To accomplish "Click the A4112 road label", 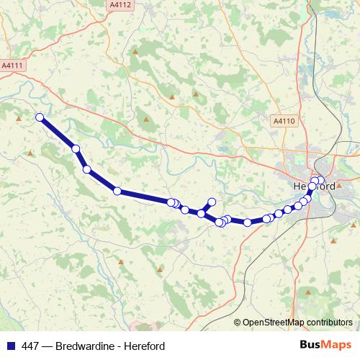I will tap(121, 4).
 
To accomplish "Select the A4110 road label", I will tap(284, 122).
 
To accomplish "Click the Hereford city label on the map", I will tap(314, 185).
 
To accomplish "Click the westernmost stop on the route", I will tap(40, 117).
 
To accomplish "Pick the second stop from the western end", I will tap(75, 148).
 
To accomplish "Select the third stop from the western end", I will tap(87, 170).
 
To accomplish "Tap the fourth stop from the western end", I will tap(117, 191).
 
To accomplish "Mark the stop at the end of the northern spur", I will tap(212, 202).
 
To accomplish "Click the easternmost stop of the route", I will tap(320, 181).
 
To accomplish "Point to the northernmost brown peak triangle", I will tap(136, 51).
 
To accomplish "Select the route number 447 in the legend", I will tap(30, 346).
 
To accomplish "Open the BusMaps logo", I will tap(325, 346).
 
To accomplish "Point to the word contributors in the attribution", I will tap(328, 322).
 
